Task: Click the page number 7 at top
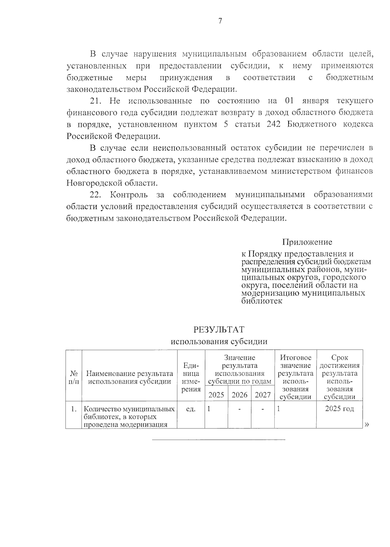click(220, 21)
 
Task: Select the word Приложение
click(307, 242)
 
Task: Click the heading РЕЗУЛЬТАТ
click(219, 330)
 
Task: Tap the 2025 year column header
click(216, 395)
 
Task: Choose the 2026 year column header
click(240, 395)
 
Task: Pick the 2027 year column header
click(263, 395)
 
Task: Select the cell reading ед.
click(191, 409)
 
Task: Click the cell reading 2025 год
click(339, 409)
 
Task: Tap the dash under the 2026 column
click(240, 409)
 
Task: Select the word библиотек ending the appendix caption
click(262, 301)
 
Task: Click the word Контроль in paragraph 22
click(129, 195)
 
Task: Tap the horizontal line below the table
click(219, 440)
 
